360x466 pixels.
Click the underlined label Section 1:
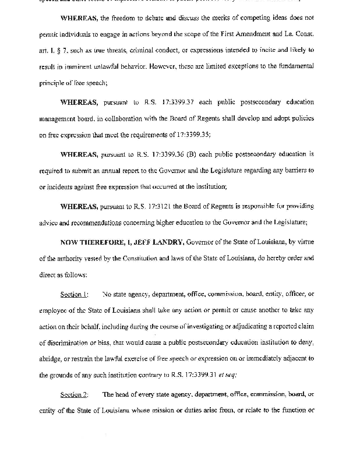tap(74, 295)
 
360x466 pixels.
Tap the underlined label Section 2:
tap(74, 394)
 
